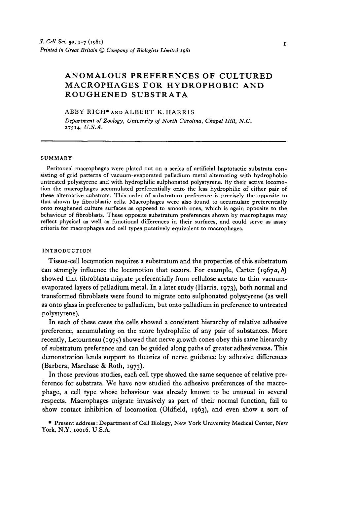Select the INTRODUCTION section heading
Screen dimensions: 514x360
66,251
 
